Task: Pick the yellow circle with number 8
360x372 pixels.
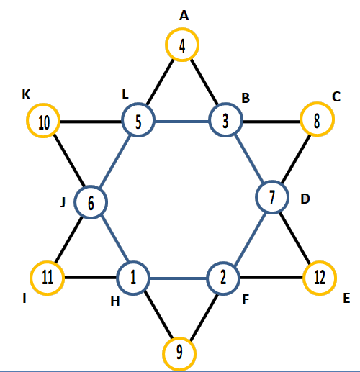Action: click(318, 104)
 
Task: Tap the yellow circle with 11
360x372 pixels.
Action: click(48, 263)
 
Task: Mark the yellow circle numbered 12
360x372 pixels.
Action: click(320, 263)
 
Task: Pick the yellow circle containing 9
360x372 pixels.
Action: click(179, 339)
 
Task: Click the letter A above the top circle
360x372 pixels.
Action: click(184, 16)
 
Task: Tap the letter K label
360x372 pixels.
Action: click(26, 94)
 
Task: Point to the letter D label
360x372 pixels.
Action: click(305, 199)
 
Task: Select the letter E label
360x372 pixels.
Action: click(346, 299)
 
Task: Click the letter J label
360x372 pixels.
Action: click(63, 203)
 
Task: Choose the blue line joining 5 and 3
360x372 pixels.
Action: click(182, 122)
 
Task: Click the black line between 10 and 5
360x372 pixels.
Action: click(91, 122)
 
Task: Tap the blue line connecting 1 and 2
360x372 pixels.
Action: click(179, 278)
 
